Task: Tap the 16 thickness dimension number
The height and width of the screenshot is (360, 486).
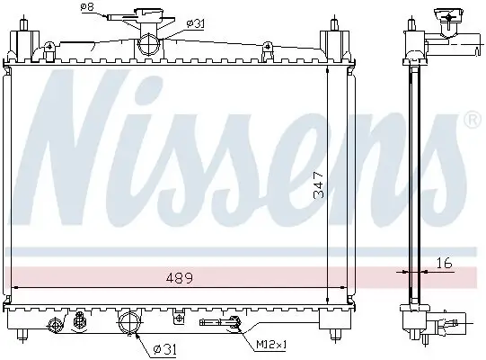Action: pos(443,263)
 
